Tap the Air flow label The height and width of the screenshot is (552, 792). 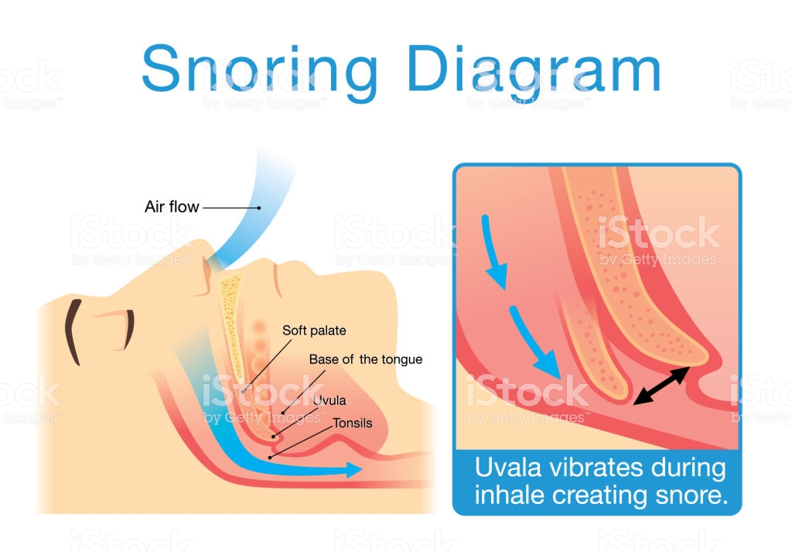(172, 207)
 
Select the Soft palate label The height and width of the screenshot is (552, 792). (314, 331)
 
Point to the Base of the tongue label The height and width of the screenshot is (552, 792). (366, 359)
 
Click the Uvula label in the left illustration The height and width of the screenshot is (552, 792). (329, 400)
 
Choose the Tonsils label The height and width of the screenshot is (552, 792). (353, 423)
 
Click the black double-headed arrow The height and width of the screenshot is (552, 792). (661, 386)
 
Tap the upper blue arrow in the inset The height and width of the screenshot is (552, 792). (494, 252)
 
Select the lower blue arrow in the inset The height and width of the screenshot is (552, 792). (534, 342)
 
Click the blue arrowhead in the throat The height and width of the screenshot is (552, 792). (354, 470)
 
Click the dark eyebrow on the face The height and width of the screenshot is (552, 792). (73, 331)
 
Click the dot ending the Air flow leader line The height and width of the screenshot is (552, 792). (259, 207)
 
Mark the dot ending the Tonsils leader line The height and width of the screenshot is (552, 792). (270, 458)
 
